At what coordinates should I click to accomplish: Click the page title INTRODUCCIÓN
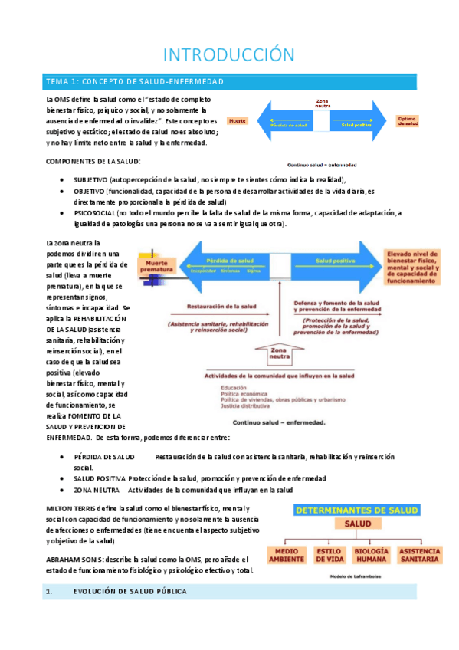[229, 54]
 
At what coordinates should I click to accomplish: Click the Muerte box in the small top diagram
[238, 121]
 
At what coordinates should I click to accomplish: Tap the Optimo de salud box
[408, 121]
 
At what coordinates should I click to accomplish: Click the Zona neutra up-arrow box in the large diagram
[280, 353]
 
